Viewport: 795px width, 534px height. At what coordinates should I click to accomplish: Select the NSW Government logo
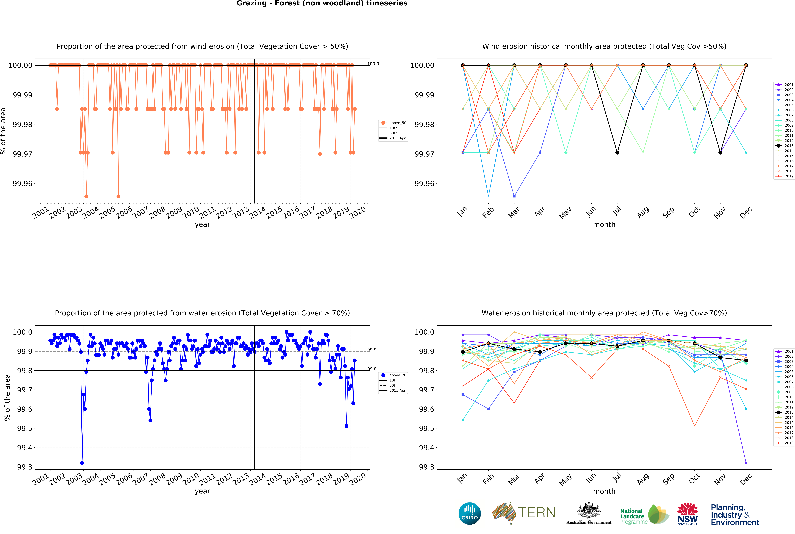(x=687, y=514)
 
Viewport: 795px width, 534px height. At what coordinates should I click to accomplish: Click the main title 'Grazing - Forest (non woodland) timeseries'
(x=322, y=3)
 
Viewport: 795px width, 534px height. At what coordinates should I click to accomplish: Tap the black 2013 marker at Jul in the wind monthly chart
(x=617, y=153)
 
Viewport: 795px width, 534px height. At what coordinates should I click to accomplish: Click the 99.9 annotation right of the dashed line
(x=372, y=350)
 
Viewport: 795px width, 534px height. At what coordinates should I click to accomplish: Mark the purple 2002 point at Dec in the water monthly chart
(x=746, y=463)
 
